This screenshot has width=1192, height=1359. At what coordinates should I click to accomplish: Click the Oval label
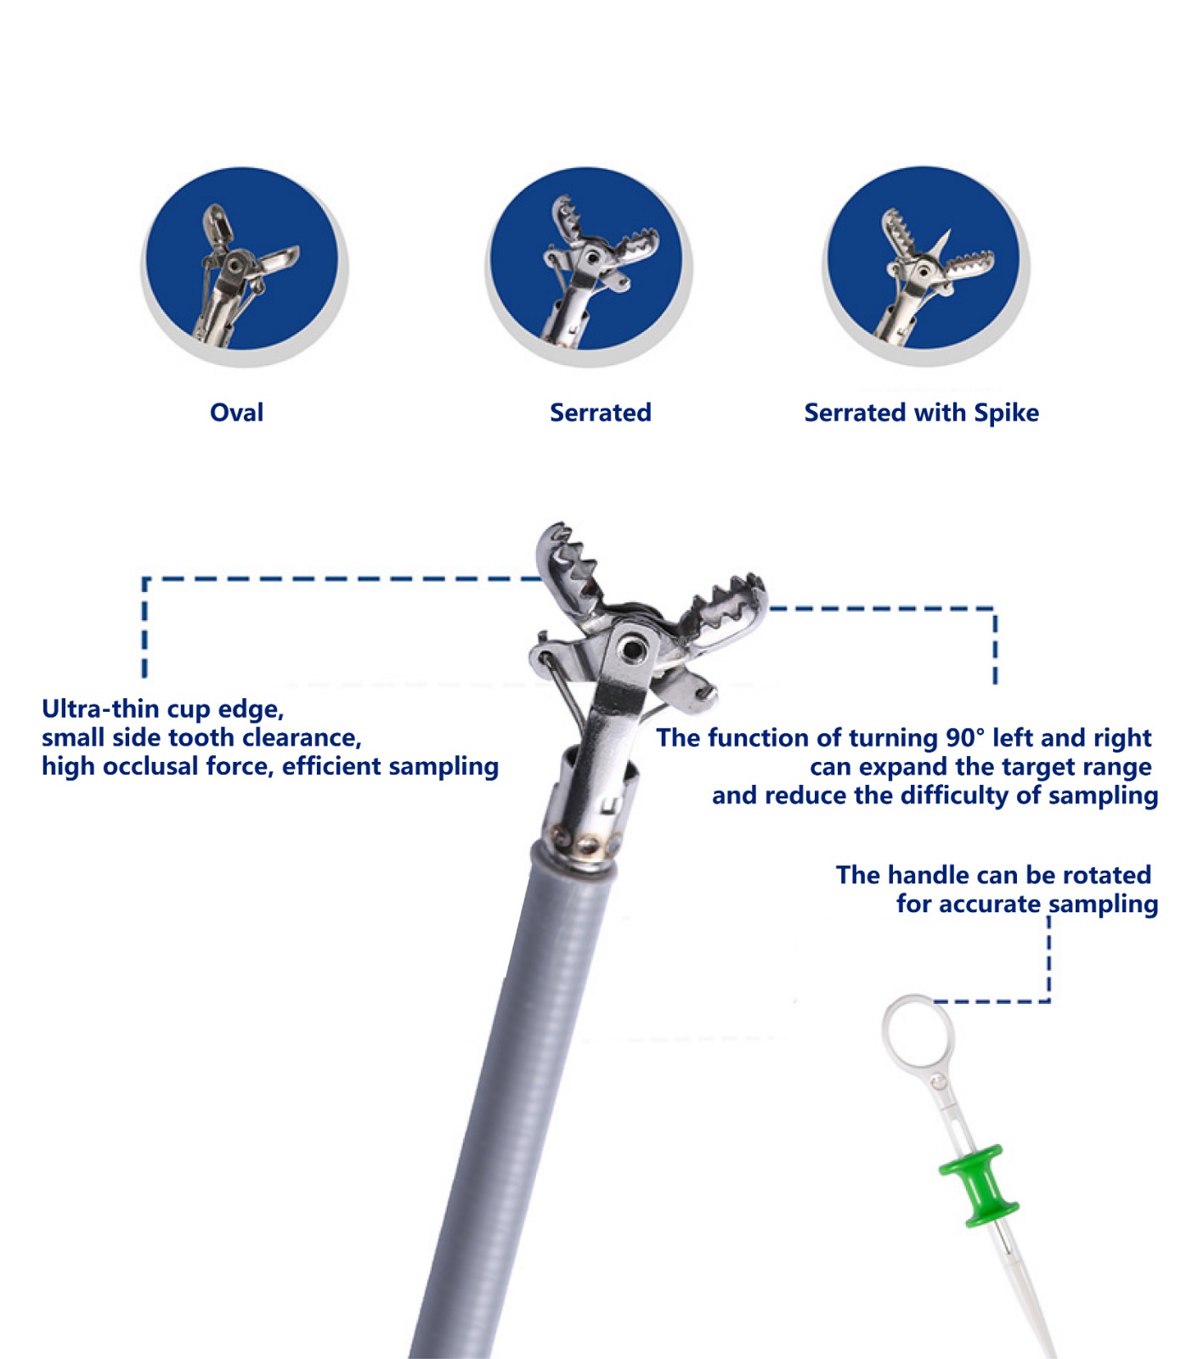tap(236, 413)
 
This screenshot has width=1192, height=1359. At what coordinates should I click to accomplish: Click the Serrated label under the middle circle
tap(601, 413)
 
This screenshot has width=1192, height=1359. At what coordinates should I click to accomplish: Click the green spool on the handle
tap(979, 1186)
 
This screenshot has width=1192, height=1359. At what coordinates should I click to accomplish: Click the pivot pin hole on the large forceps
tap(631, 648)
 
